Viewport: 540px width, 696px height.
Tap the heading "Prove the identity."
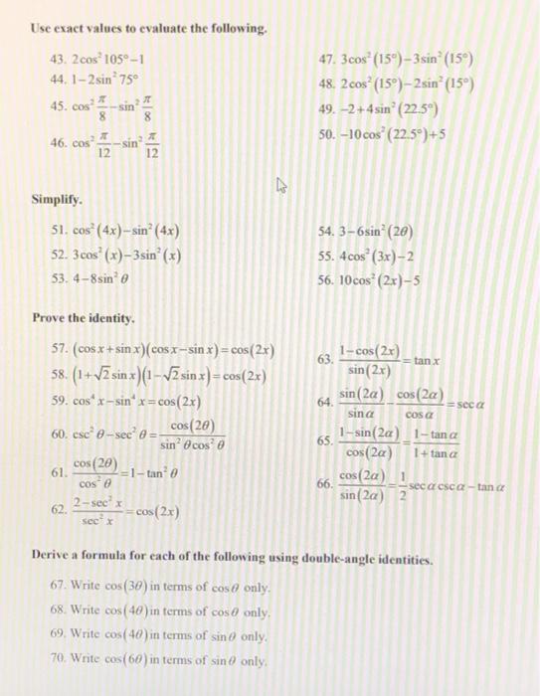tap(85, 318)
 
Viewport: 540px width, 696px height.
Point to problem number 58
tap(57, 376)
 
